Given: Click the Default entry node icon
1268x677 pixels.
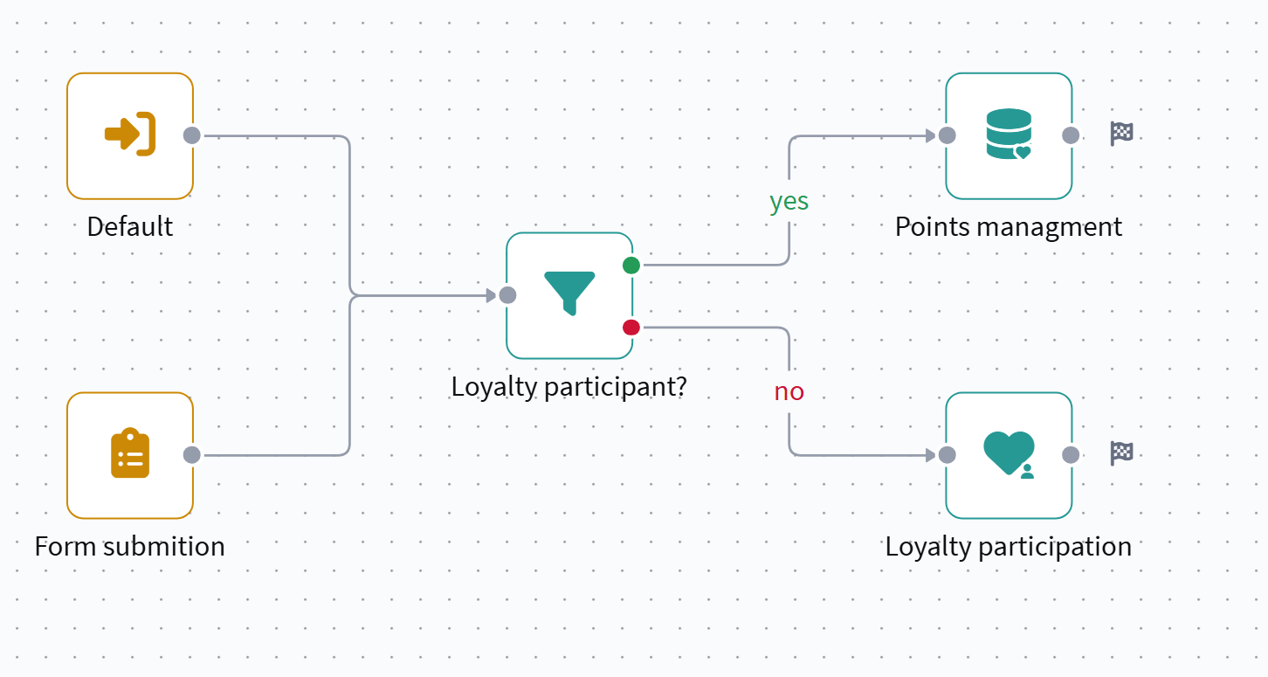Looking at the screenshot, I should [130, 135].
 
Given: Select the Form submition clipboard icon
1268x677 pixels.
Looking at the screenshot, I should [130, 454].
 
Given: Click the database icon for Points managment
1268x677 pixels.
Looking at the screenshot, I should [1009, 135].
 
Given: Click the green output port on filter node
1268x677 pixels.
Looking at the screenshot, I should [631, 266].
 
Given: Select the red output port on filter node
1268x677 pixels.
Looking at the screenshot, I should [631, 328].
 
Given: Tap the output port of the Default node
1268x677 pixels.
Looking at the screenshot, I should [192, 135].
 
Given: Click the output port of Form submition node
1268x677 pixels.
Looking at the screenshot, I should [192, 455].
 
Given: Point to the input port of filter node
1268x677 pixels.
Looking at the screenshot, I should [507, 295].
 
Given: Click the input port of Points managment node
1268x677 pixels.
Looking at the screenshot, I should [947, 135].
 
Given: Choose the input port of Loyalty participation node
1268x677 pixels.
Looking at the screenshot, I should [947, 455].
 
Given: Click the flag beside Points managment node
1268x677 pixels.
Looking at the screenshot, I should [1121, 134].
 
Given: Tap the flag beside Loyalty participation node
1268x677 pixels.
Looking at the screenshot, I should [1121, 452].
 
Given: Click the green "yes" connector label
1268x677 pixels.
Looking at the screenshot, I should [789, 202].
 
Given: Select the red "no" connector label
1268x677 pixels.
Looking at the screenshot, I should [789, 391].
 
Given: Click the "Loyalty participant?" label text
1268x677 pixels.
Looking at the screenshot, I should [569, 386].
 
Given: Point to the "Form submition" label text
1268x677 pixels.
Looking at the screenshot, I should [130, 547].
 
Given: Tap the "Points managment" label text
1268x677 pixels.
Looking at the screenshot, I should [1009, 227].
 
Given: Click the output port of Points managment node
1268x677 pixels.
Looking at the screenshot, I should [1071, 135].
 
